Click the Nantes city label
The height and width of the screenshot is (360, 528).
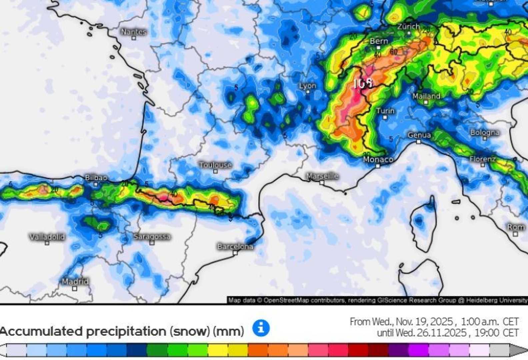pos(134,32)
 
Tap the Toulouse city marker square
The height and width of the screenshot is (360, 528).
pos(215,171)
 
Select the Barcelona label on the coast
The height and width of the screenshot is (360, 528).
pos(235,247)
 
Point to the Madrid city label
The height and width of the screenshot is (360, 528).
pos(75,282)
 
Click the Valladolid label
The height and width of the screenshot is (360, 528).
pos(47,237)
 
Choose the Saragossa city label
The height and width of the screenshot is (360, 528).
pos(152,237)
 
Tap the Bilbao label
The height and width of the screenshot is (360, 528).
pos(96,178)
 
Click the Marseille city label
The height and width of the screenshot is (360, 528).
pos(322,176)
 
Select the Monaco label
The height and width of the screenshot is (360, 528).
pos(378,160)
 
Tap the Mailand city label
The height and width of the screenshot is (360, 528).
pos(426,96)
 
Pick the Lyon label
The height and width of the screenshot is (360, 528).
pos(307,86)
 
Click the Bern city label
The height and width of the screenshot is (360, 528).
pos(379,41)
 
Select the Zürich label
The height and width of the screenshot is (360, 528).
pos(408,26)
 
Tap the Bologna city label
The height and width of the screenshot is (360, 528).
pos(485,133)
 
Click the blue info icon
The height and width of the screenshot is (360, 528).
pos(261,328)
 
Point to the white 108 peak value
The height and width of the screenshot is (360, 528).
pos(363,83)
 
